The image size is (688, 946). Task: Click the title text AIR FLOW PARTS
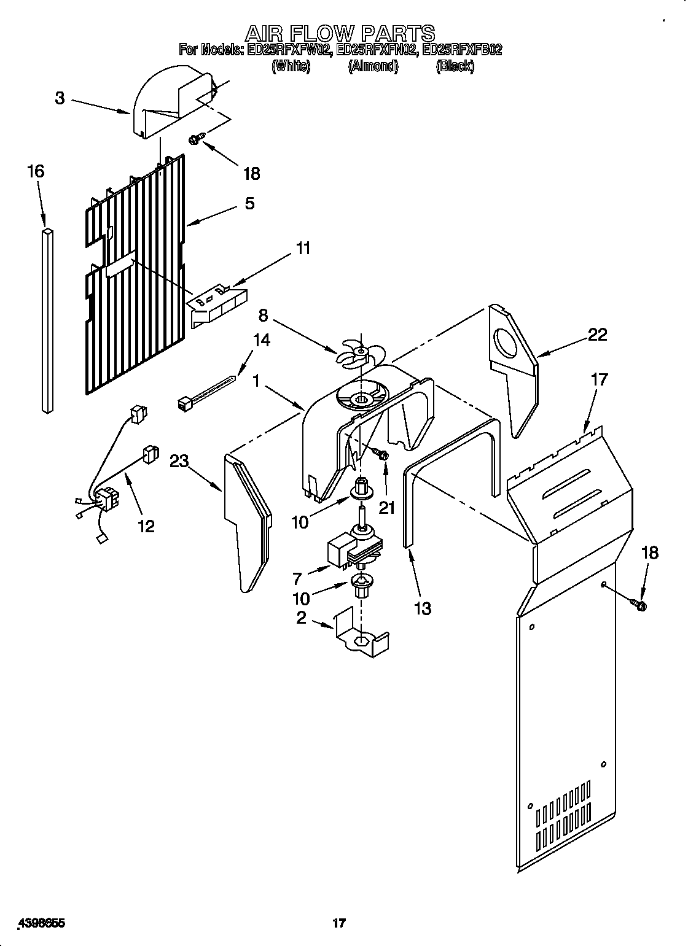point(340,32)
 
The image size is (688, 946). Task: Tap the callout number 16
point(36,171)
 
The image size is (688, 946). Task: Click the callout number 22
point(597,335)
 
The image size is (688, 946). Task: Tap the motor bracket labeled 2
point(362,635)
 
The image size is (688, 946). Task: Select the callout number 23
point(179,461)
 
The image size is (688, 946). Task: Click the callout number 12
point(146,526)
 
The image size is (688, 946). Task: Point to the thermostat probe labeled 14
point(205,393)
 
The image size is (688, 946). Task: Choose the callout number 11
point(303,249)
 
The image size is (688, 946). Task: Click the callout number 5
point(249,203)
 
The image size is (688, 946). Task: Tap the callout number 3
point(60,98)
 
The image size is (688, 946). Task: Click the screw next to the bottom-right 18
point(639,606)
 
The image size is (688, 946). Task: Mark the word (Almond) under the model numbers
point(373,67)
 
